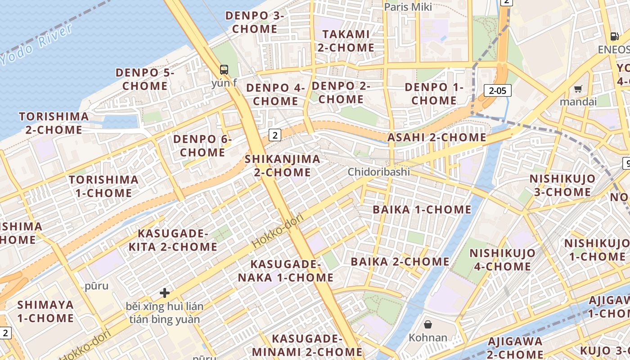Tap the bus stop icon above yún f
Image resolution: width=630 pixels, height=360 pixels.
click(x=224, y=70)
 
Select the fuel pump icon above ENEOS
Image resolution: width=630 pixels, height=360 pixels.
click(x=614, y=36)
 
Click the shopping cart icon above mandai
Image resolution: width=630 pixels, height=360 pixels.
click(x=578, y=89)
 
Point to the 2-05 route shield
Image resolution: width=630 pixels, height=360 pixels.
click(x=498, y=90)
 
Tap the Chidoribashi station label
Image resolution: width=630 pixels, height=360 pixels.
click(x=379, y=172)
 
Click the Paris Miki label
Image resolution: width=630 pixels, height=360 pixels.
click(x=408, y=7)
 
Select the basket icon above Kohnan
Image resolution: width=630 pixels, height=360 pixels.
click(x=428, y=324)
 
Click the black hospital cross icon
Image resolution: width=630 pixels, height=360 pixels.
click(x=165, y=293)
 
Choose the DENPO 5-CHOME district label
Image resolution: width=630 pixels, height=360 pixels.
click(x=145, y=79)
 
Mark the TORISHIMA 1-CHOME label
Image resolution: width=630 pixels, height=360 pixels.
click(x=103, y=186)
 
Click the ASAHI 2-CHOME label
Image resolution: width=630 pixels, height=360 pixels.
click(x=437, y=138)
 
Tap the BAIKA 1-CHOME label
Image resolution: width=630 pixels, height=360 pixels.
click(x=422, y=210)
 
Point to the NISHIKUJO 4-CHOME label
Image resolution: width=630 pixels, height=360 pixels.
click(x=502, y=260)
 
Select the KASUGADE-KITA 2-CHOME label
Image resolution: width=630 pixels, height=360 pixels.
click(x=173, y=240)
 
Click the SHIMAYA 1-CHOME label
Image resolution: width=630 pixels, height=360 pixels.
click(x=45, y=311)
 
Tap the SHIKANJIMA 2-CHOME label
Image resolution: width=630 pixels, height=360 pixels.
click(x=283, y=166)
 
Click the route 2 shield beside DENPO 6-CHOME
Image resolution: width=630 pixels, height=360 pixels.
click(x=275, y=135)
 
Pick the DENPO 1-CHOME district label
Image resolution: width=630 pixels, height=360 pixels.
click(x=434, y=94)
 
